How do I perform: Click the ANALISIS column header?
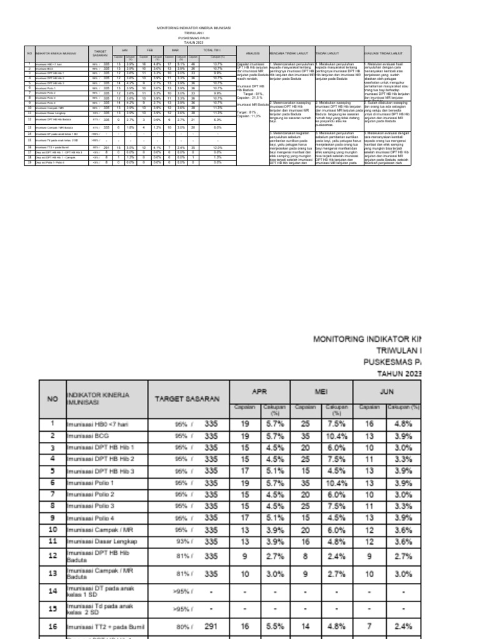point(252,54)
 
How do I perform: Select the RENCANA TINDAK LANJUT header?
point(291,54)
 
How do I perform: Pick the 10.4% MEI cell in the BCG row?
point(336,436)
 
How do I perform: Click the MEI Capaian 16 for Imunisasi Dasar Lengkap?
point(306,540)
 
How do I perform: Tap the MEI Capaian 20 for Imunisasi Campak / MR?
point(306,529)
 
